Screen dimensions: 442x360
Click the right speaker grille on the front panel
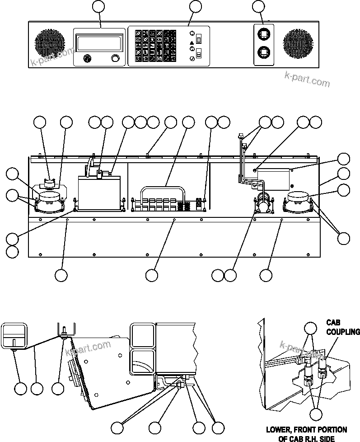click(x=299, y=44)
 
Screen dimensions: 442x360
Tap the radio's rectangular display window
click(x=99, y=44)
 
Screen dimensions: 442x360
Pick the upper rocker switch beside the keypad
click(x=198, y=39)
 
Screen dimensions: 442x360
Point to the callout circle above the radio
click(x=98, y=6)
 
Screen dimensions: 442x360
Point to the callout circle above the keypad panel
click(x=195, y=6)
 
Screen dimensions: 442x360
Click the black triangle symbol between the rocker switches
click(x=192, y=43)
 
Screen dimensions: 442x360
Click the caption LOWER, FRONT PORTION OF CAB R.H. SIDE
click(x=306, y=433)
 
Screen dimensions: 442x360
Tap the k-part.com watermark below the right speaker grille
click(x=307, y=80)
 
